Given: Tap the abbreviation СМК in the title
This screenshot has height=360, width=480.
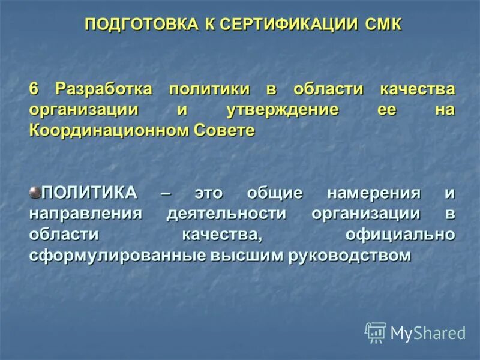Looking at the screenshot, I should click(x=382, y=25).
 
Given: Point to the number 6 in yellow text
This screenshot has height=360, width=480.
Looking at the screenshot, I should click(x=34, y=89).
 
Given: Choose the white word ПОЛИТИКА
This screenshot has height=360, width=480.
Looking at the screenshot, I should click(x=89, y=194).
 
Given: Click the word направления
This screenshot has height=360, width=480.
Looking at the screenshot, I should click(x=86, y=214).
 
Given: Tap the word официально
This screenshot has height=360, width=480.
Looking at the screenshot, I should click(x=400, y=235).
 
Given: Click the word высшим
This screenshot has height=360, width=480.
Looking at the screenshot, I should click(x=247, y=255).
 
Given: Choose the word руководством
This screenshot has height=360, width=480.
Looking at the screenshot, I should click(x=350, y=255).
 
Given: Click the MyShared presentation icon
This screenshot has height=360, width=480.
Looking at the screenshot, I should click(x=375, y=332).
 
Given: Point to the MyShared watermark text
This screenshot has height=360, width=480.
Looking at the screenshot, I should click(x=428, y=333).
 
